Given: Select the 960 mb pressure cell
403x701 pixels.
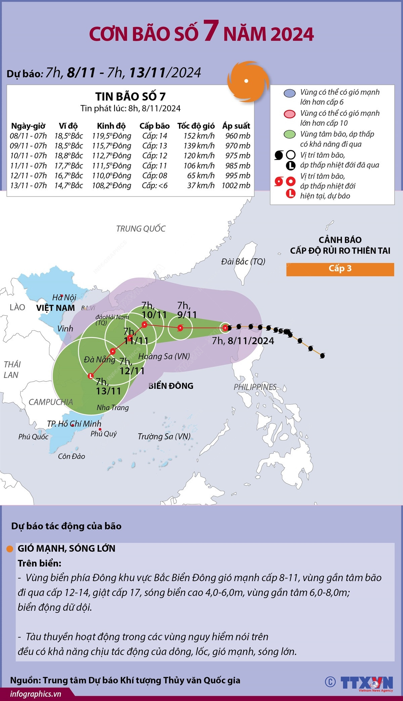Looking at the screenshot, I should click(238, 136).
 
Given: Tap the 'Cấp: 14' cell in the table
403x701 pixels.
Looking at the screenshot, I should click(154, 136).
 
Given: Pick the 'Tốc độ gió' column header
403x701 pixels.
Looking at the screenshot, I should click(196, 126).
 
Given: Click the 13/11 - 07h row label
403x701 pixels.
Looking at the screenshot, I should click(29, 186).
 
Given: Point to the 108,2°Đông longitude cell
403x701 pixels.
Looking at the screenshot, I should click(111, 186).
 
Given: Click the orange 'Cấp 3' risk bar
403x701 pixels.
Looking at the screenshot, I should click(340, 269).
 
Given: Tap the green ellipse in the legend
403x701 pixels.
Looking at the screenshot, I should click(289, 135).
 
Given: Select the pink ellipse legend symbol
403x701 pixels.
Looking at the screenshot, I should click(289, 114).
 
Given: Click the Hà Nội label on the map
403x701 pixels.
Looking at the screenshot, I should click(64, 297).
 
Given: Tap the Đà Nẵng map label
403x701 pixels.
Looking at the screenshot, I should click(99, 360).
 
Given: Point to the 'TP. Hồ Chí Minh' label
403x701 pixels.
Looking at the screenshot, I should click(74, 424).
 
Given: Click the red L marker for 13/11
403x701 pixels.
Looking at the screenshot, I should click(90, 376).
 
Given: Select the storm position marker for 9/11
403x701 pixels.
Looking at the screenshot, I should click(180, 328).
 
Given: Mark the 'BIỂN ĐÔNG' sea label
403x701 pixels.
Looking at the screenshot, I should click(171, 386).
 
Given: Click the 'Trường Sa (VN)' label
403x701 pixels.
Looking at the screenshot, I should click(164, 436).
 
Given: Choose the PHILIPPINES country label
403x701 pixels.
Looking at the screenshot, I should click(255, 387).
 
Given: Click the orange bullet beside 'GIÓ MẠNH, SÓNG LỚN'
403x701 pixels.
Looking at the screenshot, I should click(10, 549).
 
